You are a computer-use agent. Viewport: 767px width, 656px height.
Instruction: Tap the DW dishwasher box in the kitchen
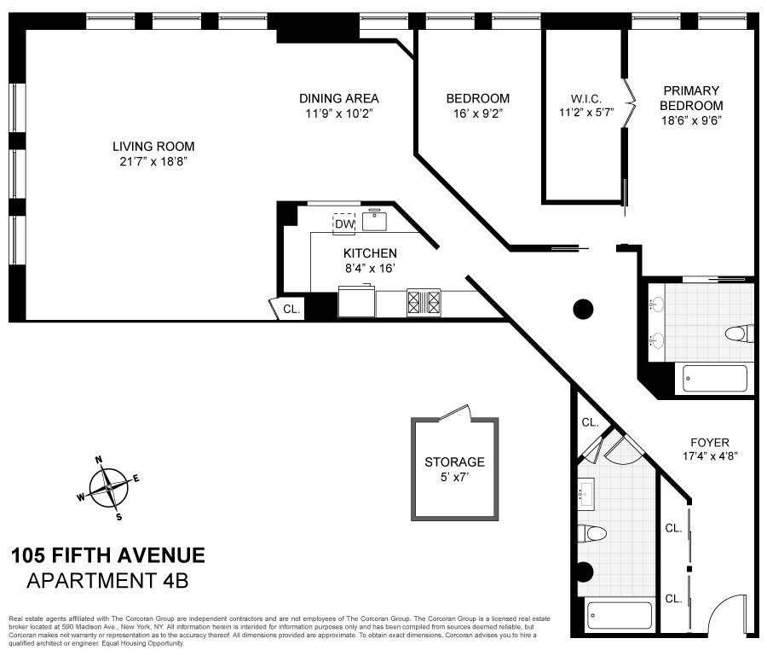[x=343, y=224]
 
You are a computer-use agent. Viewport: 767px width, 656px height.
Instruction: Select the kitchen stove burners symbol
[x=424, y=303]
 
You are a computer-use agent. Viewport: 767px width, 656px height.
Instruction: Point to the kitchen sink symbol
[x=374, y=221]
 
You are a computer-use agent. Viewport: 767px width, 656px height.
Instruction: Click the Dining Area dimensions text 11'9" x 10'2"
[x=339, y=113]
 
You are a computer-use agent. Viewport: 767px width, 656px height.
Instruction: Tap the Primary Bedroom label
[x=691, y=98]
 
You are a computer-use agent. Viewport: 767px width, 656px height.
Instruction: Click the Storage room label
[x=454, y=462]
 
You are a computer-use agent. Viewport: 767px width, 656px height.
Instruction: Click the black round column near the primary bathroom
[x=583, y=309]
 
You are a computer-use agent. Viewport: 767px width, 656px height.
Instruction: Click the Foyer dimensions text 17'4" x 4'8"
[x=709, y=456]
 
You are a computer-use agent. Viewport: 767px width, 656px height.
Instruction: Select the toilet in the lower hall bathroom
[x=592, y=534]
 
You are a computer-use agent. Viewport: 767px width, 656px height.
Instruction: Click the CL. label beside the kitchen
[x=291, y=310]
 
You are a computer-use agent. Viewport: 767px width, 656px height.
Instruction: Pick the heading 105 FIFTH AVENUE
[x=107, y=556]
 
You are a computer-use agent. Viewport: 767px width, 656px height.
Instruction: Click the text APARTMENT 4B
[x=107, y=582]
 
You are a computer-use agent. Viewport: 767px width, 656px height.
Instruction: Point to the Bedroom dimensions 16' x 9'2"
[x=477, y=113]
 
